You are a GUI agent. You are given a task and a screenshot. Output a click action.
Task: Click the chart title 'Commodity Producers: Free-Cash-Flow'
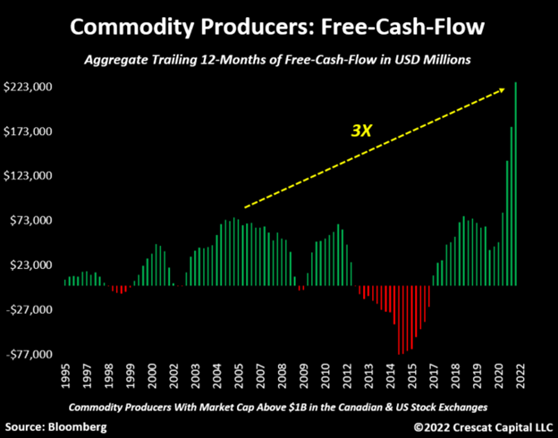pos(278,27)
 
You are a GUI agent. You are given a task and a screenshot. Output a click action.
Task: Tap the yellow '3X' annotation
pos(360,130)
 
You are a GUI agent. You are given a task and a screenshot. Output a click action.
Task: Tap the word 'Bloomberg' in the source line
pos(78,426)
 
